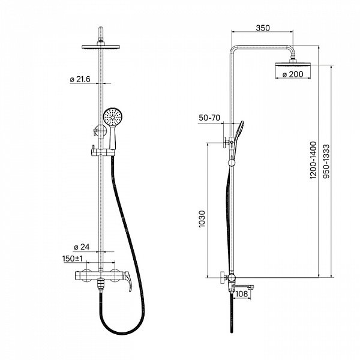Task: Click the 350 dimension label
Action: click(263, 28)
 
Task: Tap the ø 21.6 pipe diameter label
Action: click(80, 79)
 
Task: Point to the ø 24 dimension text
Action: click(82, 247)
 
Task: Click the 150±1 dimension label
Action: click(73, 259)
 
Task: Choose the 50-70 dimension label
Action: click(209, 118)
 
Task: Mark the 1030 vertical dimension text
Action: click(202, 219)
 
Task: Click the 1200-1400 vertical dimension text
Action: click(313, 160)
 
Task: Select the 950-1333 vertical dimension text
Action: click(326, 161)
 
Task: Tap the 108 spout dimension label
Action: click(242, 293)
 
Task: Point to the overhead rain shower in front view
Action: click(101, 47)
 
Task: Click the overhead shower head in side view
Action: click(293, 63)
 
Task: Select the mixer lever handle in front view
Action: click(127, 281)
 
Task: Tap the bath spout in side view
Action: click(244, 287)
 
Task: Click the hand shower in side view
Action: click(238, 137)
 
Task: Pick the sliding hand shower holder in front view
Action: click(103, 152)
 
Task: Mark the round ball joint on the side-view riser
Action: click(232, 163)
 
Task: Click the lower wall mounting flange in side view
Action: click(223, 278)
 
